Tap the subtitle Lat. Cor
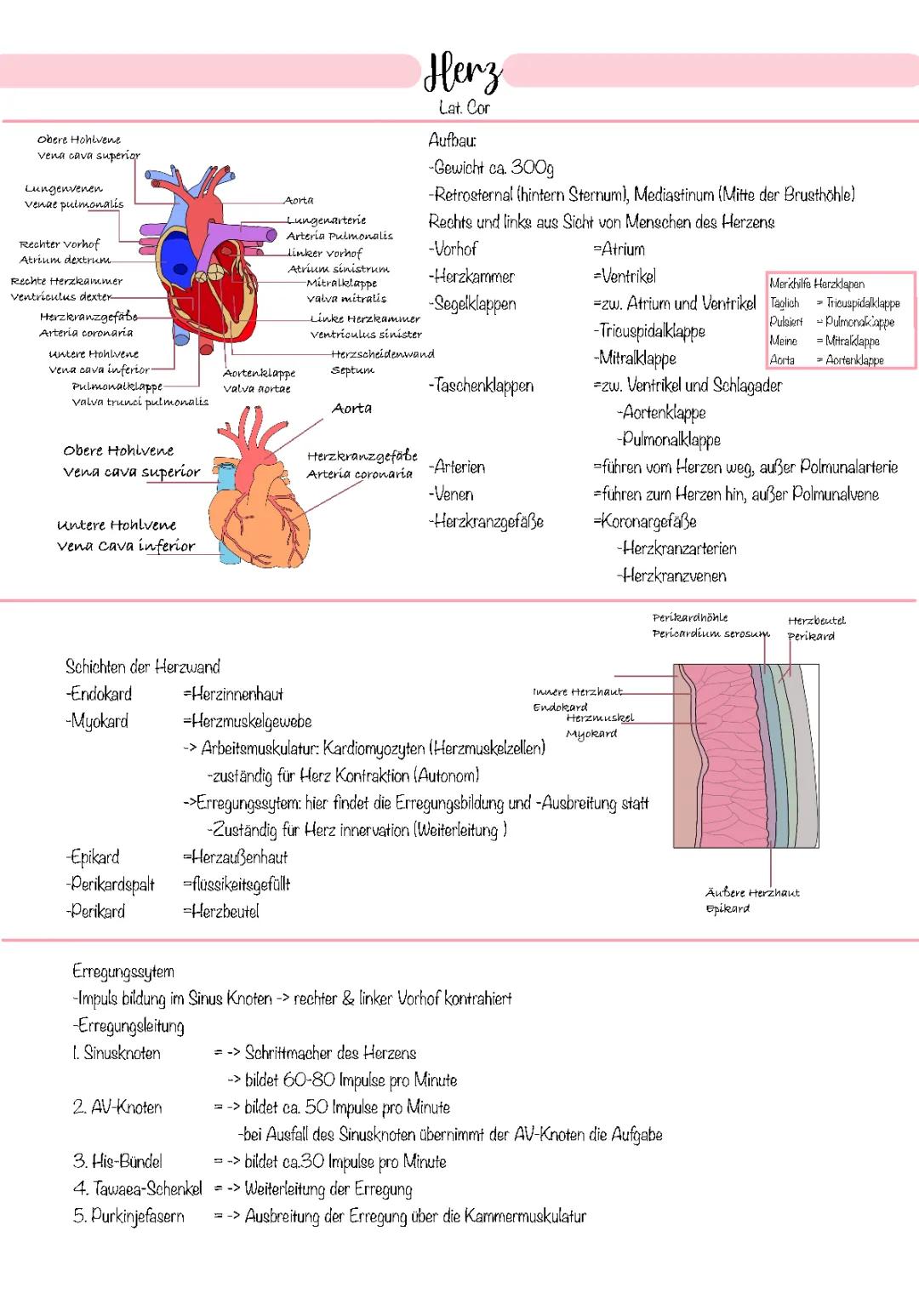tap(464, 108)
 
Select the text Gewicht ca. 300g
tap(494, 168)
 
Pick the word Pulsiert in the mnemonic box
tap(785, 322)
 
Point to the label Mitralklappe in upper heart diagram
tap(341, 283)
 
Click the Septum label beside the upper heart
tap(351, 370)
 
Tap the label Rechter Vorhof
tap(60, 244)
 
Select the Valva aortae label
tap(257, 389)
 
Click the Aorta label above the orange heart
tap(351, 409)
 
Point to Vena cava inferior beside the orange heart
tap(126, 546)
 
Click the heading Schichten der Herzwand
tap(142, 667)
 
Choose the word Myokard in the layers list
tap(100, 721)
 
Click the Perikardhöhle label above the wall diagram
tap(690, 617)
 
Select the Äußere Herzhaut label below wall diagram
tap(752, 893)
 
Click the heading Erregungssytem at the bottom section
tap(123, 971)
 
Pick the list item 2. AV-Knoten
tap(117, 1107)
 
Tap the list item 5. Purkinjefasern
tap(128, 1216)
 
